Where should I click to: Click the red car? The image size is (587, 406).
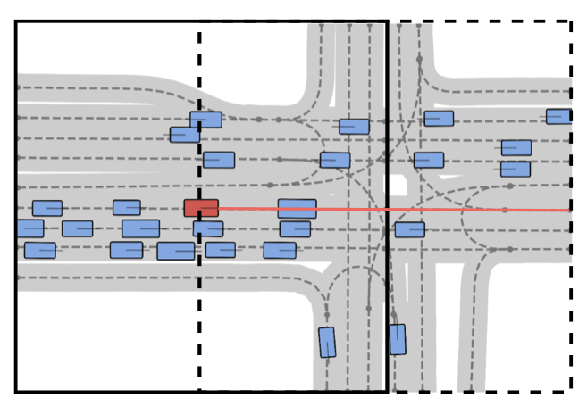click(201, 208)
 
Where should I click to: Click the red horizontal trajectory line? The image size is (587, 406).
click(393, 210)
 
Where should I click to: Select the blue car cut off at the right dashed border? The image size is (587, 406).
click(559, 116)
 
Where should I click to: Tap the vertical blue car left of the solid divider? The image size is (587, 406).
click(327, 342)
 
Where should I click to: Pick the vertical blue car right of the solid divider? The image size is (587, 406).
click(397, 339)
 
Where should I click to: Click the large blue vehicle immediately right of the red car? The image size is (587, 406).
click(297, 209)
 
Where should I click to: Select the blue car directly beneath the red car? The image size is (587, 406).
click(208, 228)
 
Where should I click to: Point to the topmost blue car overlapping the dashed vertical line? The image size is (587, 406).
click(205, 120)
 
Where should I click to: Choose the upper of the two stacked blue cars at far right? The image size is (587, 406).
click(516, 147)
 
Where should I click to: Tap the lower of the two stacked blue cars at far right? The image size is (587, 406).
click(516, 169)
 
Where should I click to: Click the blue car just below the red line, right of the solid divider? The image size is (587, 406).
click(409, 229)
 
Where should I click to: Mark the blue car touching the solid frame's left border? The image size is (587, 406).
click(29, 228)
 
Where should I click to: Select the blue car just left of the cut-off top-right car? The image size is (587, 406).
click(439, 118)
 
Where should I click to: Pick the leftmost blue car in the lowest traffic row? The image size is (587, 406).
click(39, 250)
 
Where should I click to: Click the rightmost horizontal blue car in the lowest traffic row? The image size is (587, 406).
click(280, 250)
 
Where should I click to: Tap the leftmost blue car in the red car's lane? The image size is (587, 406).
click(47, 208)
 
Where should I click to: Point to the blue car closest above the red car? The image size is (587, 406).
click(218, 160)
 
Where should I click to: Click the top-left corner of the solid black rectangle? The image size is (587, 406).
click(16, 21)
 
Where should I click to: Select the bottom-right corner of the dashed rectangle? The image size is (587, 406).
click(571, 391)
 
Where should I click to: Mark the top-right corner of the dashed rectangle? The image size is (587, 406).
click(571, 21)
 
